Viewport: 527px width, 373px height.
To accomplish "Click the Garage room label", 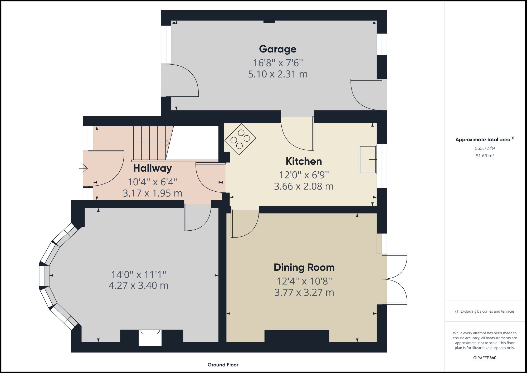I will [x=277, y=49].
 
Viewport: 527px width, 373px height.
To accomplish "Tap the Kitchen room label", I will [x=304, y=161].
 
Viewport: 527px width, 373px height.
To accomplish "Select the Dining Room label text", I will [x=304, y=268].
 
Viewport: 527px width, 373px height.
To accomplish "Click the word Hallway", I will [x=152, y=168].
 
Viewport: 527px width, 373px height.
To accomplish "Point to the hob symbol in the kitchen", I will [x=240, y=139].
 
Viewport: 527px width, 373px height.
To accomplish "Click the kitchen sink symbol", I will [x=367, y=159].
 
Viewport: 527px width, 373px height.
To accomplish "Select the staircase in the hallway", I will [x=150, y=143].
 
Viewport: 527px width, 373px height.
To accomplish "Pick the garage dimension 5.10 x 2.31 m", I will [x=277, y=74].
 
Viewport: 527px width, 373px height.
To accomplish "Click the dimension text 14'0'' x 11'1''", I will [x=139, y=275].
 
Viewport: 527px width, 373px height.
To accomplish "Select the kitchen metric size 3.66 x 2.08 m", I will [x=304, y=187].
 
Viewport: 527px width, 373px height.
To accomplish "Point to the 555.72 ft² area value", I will [x=485, y=148].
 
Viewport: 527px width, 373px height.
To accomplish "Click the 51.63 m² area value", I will [x=485, y=156].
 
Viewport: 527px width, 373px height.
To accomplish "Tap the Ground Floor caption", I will [x=223, y=365].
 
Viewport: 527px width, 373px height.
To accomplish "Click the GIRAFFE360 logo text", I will [x=485, y=358].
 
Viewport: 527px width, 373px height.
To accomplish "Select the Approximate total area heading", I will [x=484, y=139].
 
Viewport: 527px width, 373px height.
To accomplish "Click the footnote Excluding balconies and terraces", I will [x=485, y=312].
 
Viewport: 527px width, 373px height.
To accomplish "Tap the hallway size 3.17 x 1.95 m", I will [x=152, y=193].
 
